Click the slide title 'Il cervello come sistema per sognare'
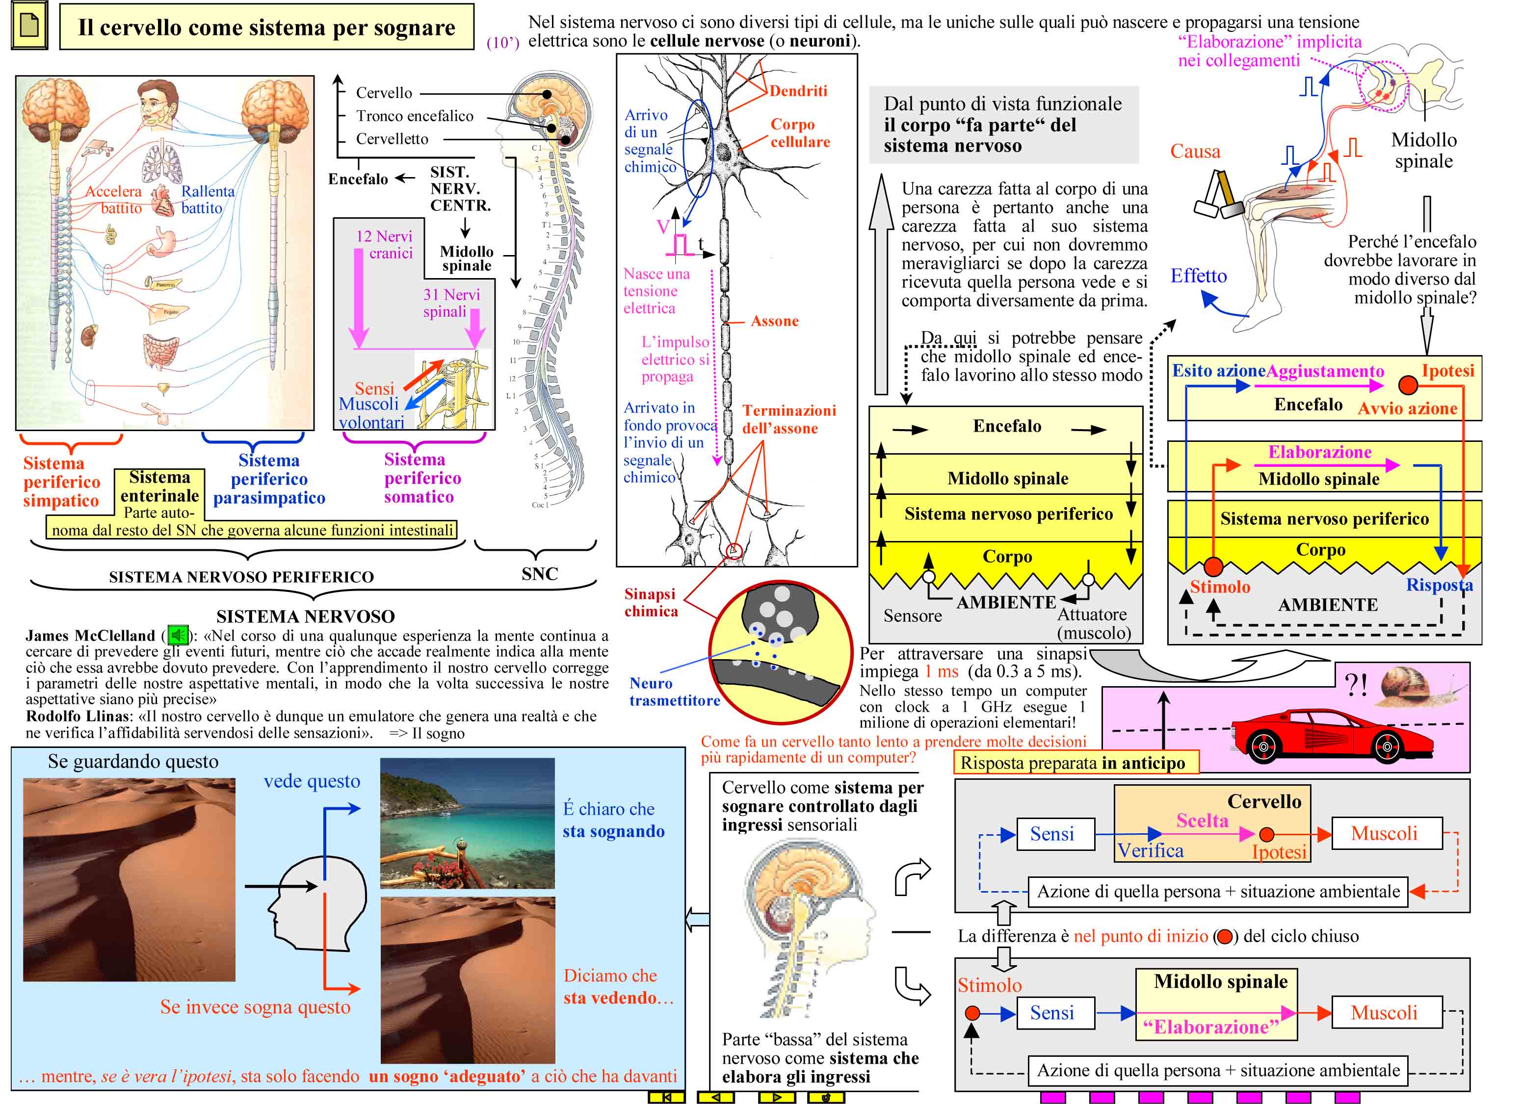click(266, 27)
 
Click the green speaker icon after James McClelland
click(178, 634)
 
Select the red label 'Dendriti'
click(798, 91)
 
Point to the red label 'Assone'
click(775, 321)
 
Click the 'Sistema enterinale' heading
click(159, 487)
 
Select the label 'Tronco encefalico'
click(415, 116)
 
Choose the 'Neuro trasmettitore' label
click(674, 692)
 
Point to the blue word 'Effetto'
click(1199, 276)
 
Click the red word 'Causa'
click(1195, 152)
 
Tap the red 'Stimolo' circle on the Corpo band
click(1213, 566)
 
